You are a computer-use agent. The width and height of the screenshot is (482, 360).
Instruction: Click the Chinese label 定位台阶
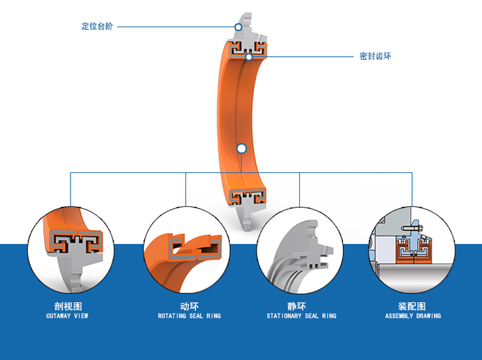[x=97, y=27]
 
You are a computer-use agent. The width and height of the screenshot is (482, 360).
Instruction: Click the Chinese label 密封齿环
[x=375, y=57]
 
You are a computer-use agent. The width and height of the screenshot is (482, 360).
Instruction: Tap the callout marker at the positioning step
[x=238, y=27]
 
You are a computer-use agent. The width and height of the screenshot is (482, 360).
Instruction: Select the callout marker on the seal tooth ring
[x=248, y=57]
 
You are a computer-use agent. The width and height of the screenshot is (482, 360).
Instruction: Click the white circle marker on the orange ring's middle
[x=241, y=148]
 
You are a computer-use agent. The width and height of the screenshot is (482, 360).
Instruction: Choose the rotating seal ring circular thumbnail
[x=186, y=249]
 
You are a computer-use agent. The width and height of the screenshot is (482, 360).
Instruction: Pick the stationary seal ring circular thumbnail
[x=299, y=249]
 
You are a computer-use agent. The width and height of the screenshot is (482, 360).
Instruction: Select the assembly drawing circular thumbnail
[x=412, y=249]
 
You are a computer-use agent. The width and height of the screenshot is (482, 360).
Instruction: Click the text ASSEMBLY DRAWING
[x=413, y=316]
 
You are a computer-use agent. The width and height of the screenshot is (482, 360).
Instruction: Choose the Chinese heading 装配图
[x=412, y=307]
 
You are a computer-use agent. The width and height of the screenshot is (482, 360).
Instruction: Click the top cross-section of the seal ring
[x=247, y=48]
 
